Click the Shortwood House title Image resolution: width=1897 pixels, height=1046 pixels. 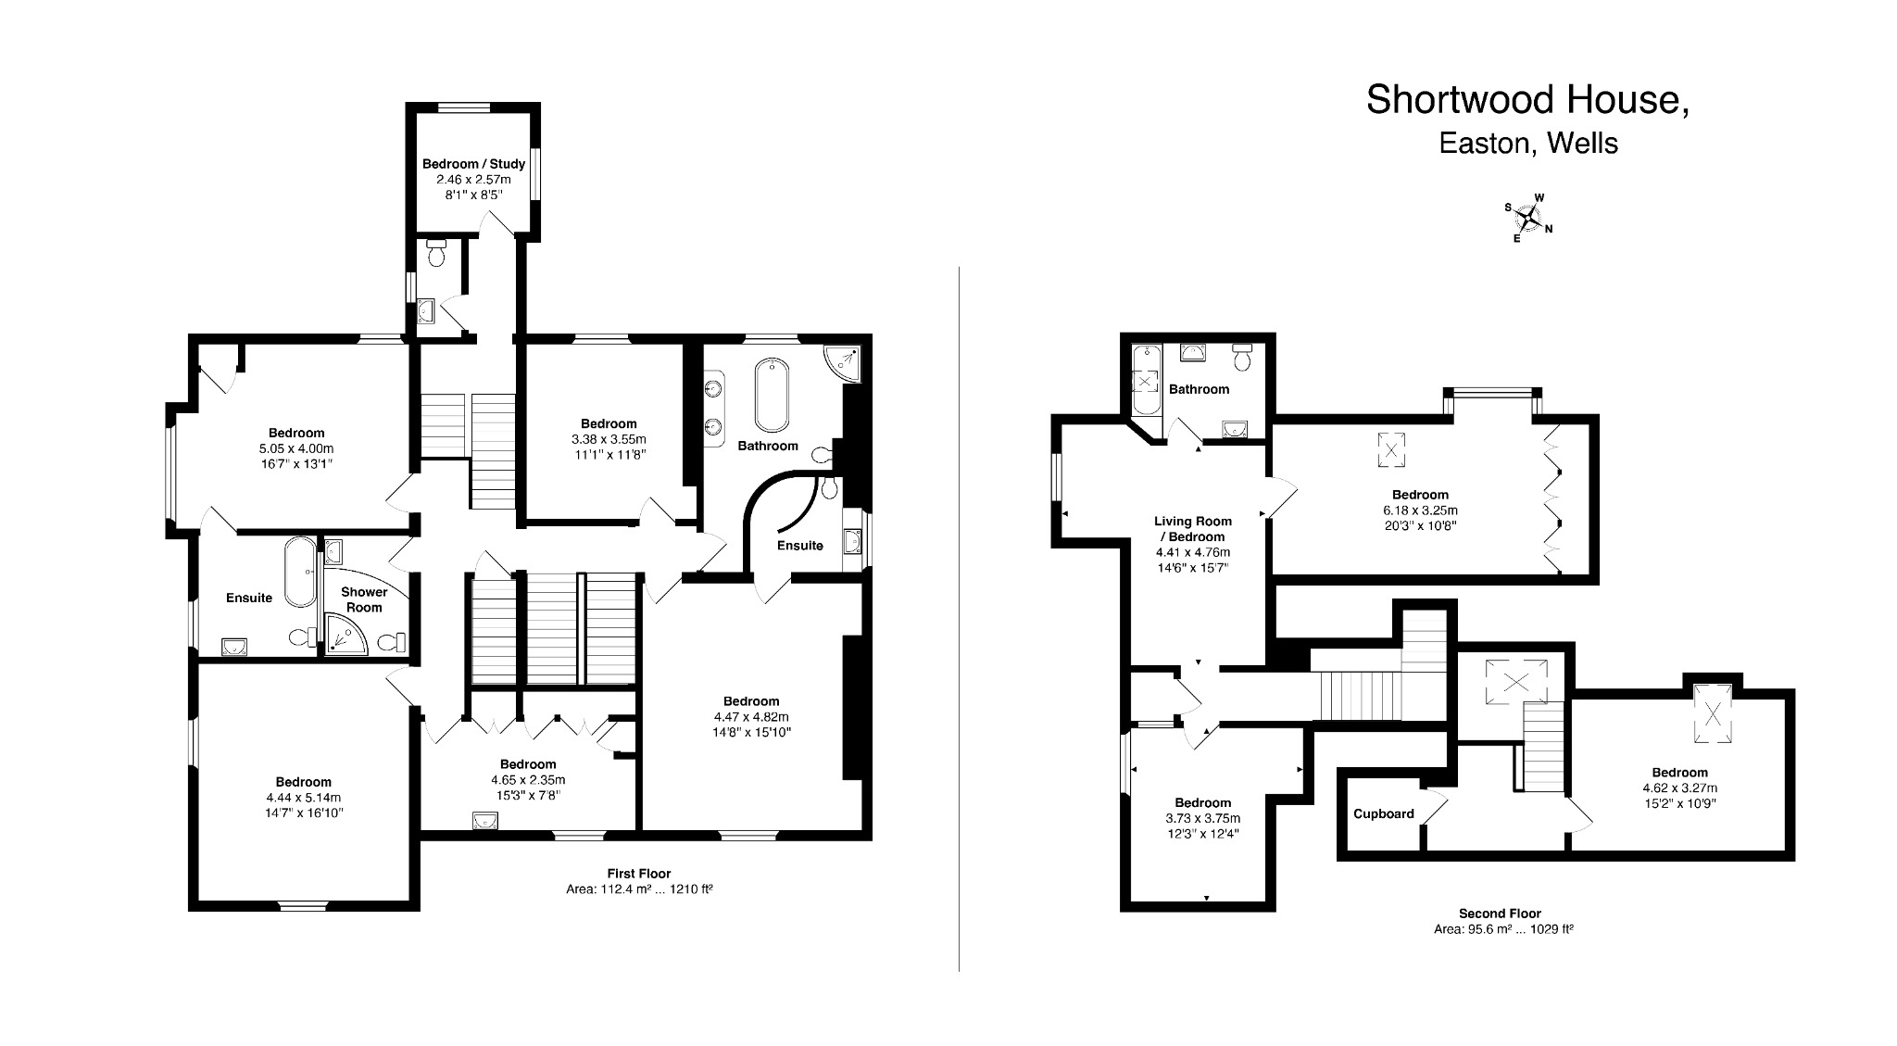tap(1527, 100)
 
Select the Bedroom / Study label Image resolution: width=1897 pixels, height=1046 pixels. tap(473, 164)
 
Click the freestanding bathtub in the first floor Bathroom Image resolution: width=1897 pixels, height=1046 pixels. tap(772, 395)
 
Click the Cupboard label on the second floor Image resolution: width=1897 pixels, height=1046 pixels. tap(1383, 814)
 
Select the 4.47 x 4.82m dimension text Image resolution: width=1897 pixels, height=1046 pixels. tap(751, 717)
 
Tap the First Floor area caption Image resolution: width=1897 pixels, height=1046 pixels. tap(639, 881)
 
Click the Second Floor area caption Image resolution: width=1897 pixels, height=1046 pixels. tap(1500, 921)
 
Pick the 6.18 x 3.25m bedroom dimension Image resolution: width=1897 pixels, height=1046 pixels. tap(1420, 510)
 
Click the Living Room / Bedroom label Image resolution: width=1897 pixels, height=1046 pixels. tap(1192, 529)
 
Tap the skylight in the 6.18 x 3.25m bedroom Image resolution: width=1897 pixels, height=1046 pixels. tap(1390, 450)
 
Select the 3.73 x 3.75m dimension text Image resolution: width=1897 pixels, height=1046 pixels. tap(1203, 818)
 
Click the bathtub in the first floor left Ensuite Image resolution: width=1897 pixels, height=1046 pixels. tap(300, 572)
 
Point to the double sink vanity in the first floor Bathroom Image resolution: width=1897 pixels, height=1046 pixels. tap(714, 408)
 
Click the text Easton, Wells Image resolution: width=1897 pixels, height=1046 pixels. tap(1527, 144)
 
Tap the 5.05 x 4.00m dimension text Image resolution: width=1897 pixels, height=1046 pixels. tap(296, 448)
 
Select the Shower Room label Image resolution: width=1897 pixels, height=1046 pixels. tap(364, 599)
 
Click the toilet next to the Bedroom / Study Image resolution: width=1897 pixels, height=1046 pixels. tap(438, 252)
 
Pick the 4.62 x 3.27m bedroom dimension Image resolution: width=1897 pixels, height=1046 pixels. tap(1679, 788)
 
